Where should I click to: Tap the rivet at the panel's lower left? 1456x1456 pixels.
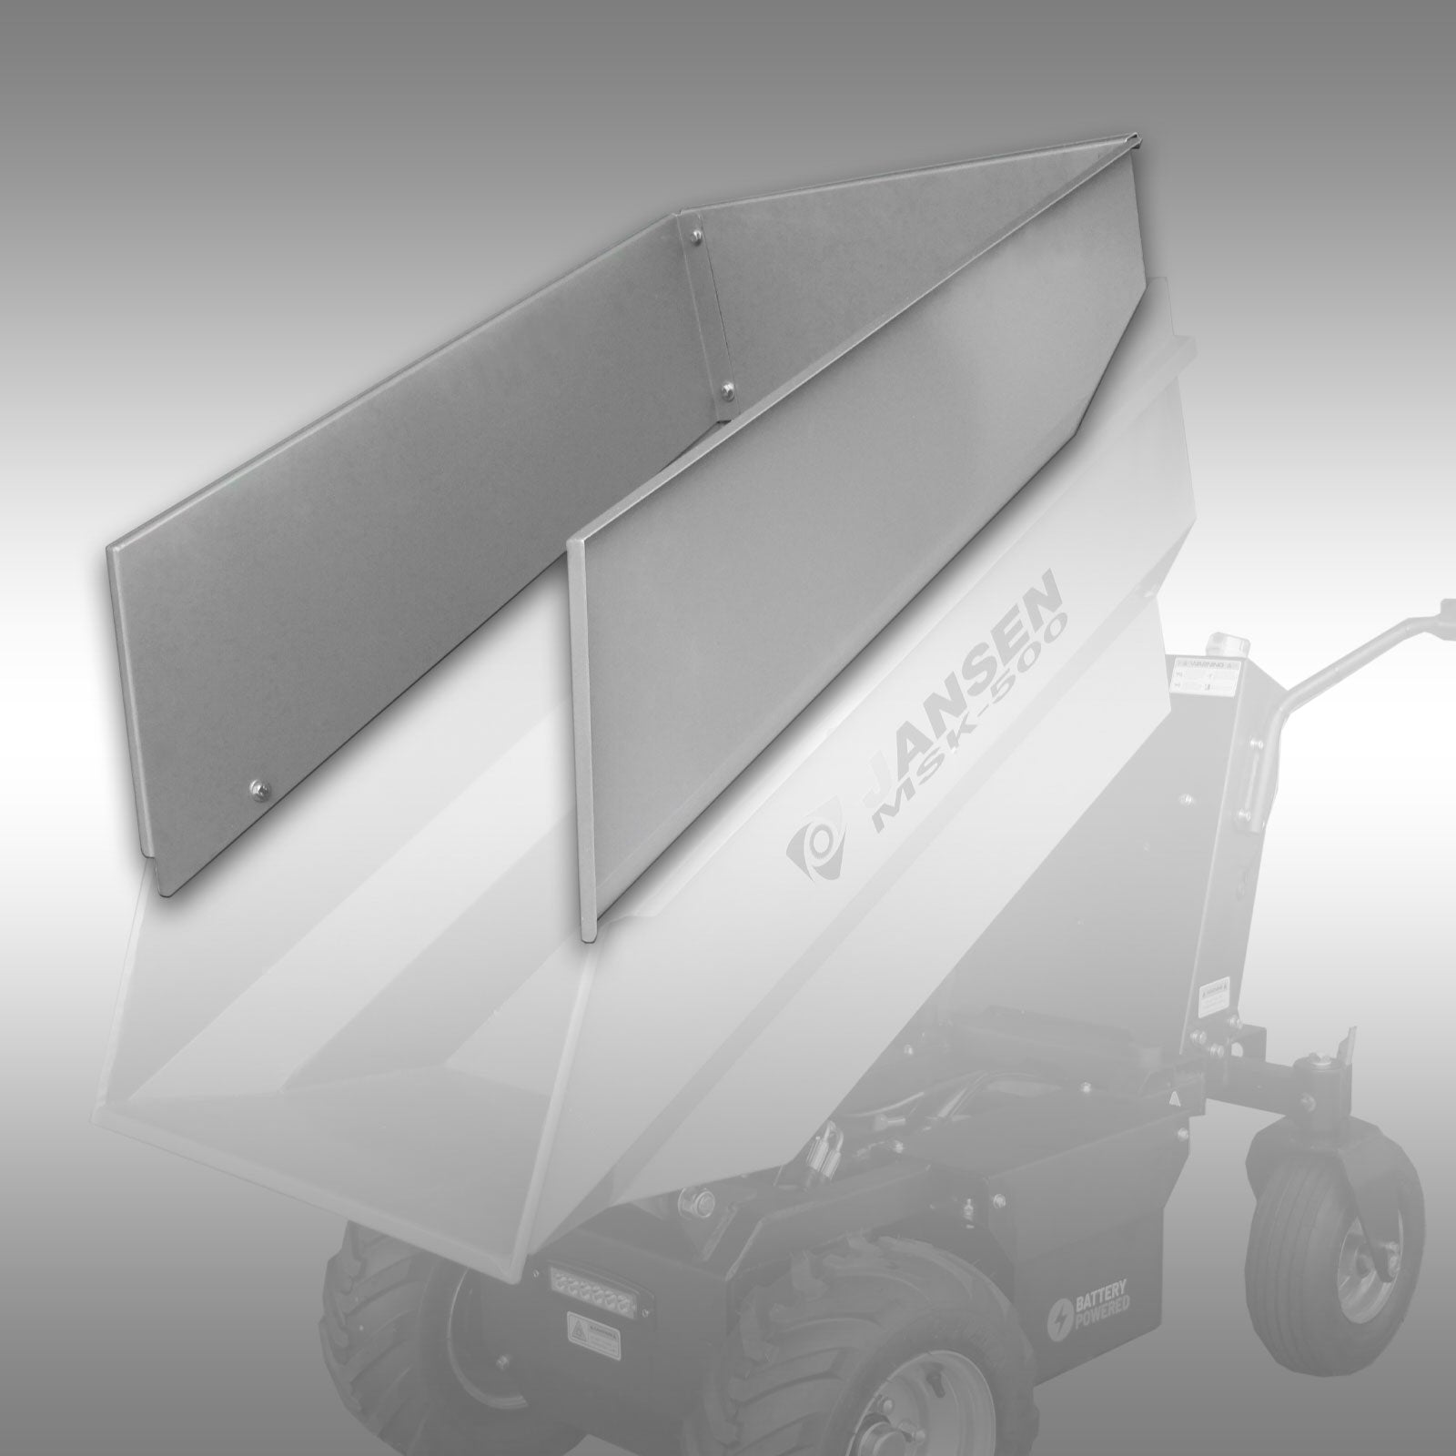coord(256,786)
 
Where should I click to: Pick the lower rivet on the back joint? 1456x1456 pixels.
coord(726,390)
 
